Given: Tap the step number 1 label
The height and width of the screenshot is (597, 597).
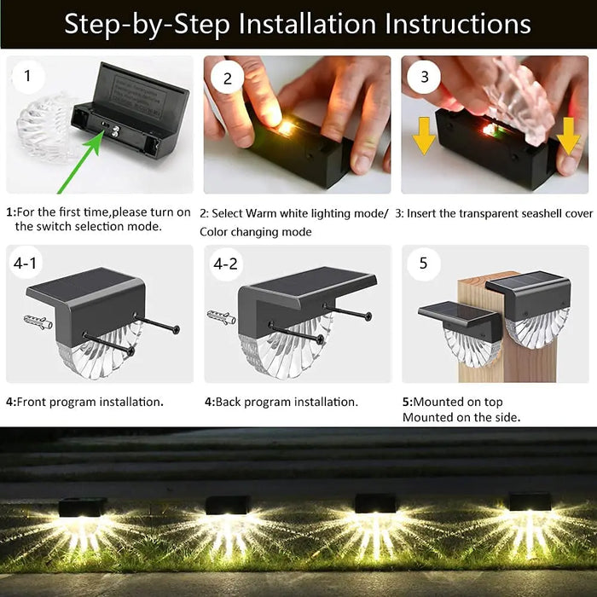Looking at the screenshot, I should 28,77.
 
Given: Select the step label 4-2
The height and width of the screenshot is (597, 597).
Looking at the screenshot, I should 225,264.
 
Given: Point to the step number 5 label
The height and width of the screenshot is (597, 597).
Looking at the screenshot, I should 423,264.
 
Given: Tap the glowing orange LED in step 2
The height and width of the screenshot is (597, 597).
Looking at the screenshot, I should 287,128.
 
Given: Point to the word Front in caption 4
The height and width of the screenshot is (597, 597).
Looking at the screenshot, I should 32,401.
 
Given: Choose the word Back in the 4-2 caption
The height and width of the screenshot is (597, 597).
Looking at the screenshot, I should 229,401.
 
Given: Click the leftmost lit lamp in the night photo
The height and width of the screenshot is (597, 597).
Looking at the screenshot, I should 83,507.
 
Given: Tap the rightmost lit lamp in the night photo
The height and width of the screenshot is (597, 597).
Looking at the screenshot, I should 530,503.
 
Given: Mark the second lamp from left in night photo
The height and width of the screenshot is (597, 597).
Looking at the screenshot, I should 228,506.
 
